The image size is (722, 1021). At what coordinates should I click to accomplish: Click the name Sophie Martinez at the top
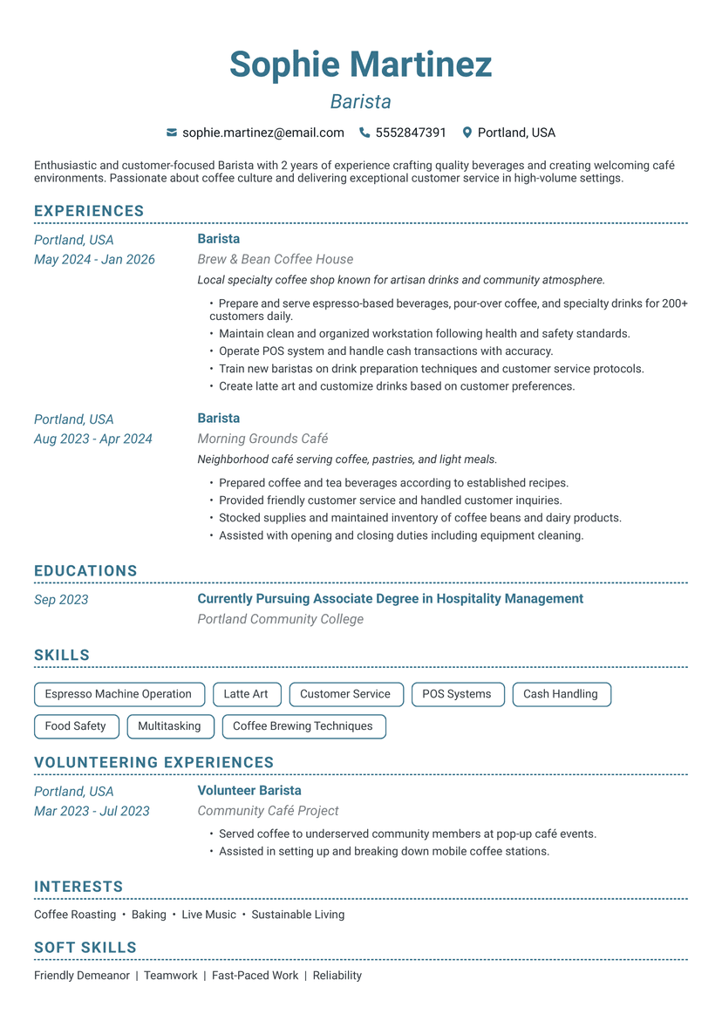[x=360, y=65]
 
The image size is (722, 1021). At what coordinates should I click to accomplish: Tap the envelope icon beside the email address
[x=172, y=133]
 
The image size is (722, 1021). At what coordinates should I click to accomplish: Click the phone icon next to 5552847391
[x=364, y=133]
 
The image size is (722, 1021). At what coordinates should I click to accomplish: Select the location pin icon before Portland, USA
[x=467, y=133]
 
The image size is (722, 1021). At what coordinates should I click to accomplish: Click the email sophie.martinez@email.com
[x=263, y=133]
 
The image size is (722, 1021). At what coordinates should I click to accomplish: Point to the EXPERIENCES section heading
[x=89, y=211]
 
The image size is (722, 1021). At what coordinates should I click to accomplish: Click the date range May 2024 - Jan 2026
[x=94, y=259]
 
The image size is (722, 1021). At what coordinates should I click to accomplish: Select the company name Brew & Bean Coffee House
[x=276, y=259]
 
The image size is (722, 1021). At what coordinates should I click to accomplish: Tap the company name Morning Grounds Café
[x=262, y=439]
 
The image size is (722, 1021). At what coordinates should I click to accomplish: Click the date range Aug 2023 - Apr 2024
[x=93, y=439]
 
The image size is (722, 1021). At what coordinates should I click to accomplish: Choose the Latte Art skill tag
[x=246, y=694]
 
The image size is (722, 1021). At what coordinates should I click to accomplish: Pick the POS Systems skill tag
[x=457, y=694]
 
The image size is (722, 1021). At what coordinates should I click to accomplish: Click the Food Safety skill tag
[x=75, y=725]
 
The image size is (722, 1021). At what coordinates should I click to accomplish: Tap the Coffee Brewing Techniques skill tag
[x=303, y=725]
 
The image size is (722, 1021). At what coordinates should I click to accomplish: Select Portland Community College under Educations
[x=280, y=619]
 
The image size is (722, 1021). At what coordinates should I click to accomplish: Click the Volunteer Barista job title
[x=249, y=790]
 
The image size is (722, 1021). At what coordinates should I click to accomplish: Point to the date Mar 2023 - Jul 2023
[x=92, y=811]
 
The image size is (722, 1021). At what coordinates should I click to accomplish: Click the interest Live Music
[x=209, y=915]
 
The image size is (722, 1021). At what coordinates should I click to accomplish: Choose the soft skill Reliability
[x=337, y=976]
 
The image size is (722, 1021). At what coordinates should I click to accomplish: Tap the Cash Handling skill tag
[x=561, y=694]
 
